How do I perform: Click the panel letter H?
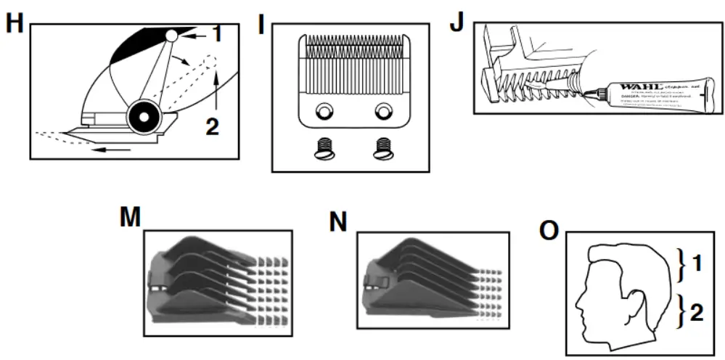click(15, 22)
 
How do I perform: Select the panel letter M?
click(131, 217)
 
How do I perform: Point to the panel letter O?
click(549, 230)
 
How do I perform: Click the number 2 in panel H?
click(211, 128)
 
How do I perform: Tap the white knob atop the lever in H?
click(171, 34)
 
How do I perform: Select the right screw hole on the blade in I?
click(382, 110)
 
